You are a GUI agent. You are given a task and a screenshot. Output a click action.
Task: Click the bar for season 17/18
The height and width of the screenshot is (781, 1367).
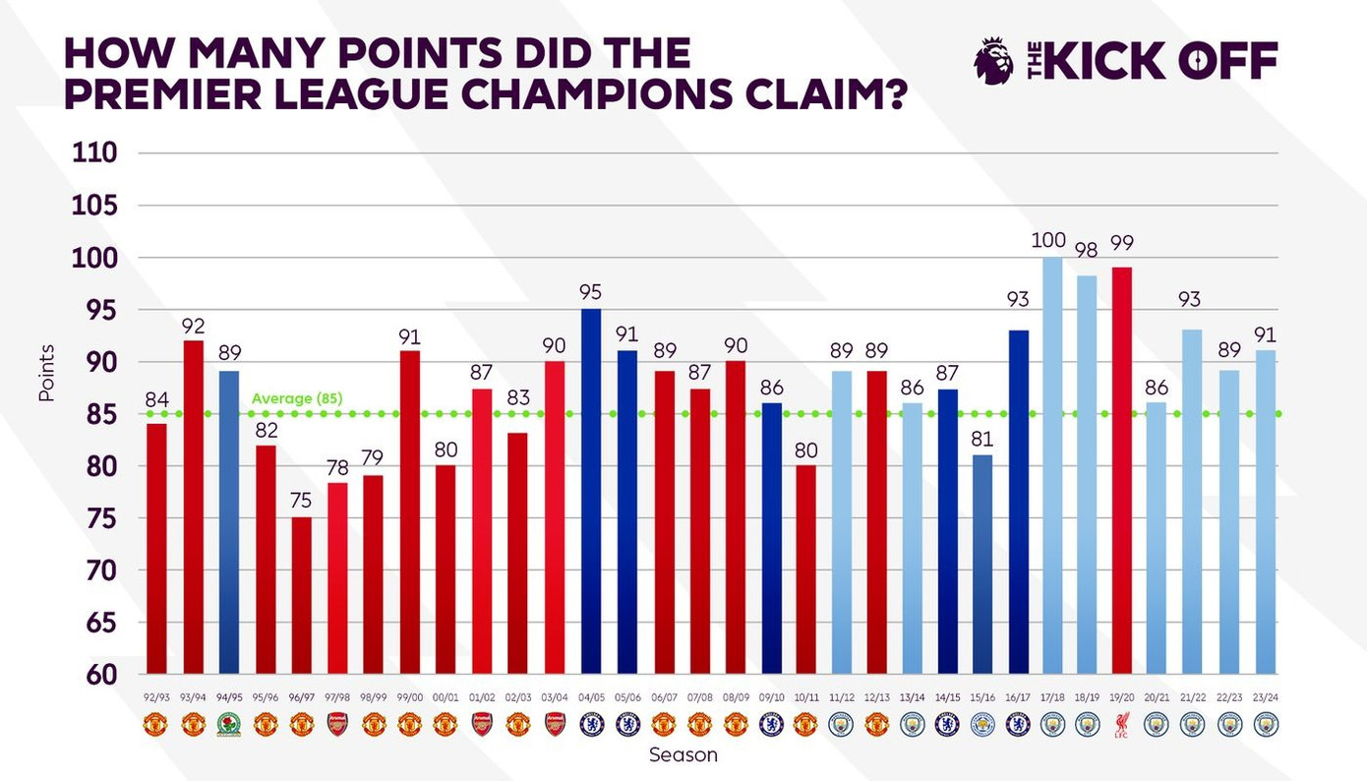1052,467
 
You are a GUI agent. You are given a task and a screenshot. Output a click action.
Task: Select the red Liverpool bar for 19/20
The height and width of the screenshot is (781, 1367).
1121,472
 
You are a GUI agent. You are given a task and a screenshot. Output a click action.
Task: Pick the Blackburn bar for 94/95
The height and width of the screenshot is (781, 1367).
228,521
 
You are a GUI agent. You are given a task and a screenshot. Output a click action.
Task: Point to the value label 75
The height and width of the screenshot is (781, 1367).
301,499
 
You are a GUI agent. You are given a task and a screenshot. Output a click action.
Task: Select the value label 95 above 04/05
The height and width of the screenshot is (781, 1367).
591,292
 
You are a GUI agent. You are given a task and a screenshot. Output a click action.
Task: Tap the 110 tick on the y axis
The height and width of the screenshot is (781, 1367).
95,153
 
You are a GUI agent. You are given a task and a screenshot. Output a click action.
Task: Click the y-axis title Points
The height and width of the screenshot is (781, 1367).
46,374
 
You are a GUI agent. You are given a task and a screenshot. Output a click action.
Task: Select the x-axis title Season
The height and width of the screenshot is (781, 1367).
683,755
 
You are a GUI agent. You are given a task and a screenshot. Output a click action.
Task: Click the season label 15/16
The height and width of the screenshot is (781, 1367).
980,697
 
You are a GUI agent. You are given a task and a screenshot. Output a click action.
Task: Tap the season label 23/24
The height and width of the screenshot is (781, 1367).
1267,697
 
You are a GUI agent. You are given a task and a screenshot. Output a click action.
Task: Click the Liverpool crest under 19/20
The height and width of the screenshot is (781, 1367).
1122,725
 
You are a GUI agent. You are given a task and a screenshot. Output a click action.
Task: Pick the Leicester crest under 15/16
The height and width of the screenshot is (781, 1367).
980,725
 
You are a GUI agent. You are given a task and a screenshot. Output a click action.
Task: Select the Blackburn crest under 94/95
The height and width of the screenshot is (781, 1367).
228,725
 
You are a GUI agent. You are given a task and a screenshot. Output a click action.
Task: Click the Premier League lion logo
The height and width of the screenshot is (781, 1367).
993,60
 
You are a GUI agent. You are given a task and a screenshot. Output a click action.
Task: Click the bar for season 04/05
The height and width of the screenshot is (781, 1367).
591,492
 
